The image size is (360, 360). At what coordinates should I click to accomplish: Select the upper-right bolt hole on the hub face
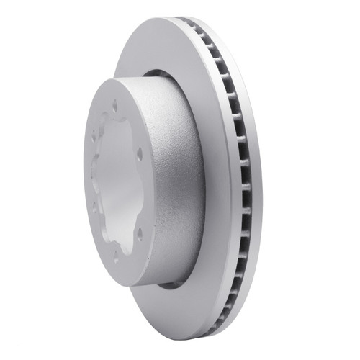pyautogui.click(x=139, y=152)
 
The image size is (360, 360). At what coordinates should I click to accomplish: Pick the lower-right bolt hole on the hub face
pyautogui.click(x=138, y=232)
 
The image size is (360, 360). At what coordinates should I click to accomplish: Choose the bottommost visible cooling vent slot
pyautogui.click(x=209, y=324)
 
